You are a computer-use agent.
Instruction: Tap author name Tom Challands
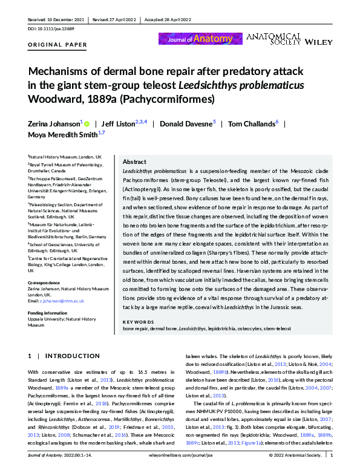click(249, 124)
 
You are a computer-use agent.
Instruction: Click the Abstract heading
click(134, 162)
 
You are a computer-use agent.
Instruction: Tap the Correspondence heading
click(45, 283)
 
